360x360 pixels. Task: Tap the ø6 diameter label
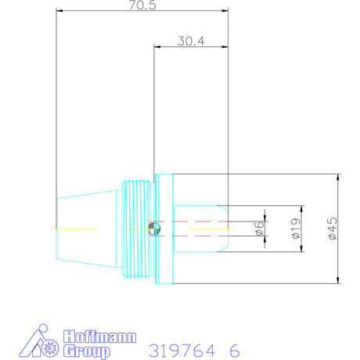point(258,228)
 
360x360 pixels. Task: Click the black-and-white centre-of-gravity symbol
point(154,228)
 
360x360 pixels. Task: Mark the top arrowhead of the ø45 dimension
point(337,177)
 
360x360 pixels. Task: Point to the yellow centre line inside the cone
point(74,228)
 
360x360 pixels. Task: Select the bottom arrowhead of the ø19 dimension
point(301,249)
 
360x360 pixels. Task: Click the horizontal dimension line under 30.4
point(190,48)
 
